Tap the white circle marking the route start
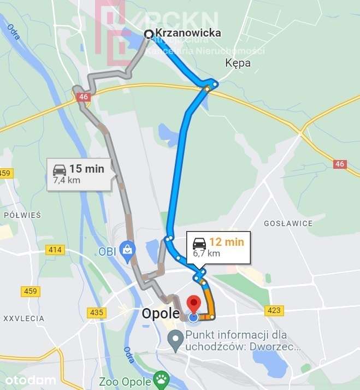(x=149, y=34)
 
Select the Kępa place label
(x=238, y=63)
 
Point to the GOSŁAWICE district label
(x=288, y=223)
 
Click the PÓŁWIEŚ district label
(x=22, y=215)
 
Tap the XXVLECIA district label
(x=23, y=318)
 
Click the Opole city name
(x=160, y=314)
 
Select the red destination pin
(x=193, y=305)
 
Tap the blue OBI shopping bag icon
(x=127, y=250)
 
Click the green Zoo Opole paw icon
(x=160, y=379)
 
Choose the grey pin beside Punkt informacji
(x=175, y=340)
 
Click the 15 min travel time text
(x=87, y=169)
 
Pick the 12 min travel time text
(x=226, y=242)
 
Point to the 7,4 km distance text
(x=67, y=179)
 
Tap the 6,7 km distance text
(x=206, y=253)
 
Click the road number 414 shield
(x=55, y=250)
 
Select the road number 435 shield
(x=96, y=312)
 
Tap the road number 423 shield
(x=274, y=310)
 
